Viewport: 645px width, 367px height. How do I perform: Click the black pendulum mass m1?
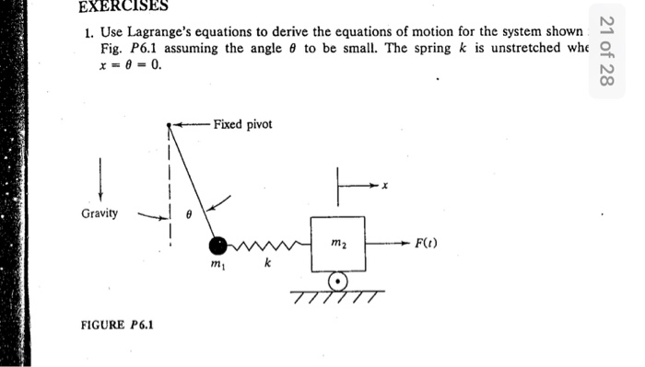217,245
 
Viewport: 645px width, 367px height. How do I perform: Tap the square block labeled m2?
337,244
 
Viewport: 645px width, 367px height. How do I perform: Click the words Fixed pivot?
242,124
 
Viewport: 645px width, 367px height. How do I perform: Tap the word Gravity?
100,213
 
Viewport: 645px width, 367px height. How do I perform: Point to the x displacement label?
388,187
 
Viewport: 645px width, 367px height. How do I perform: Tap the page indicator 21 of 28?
604,51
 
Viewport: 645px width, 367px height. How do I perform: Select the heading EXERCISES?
123,6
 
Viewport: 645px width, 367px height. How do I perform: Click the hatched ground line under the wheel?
337,297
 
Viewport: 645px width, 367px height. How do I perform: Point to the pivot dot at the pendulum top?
169,124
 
